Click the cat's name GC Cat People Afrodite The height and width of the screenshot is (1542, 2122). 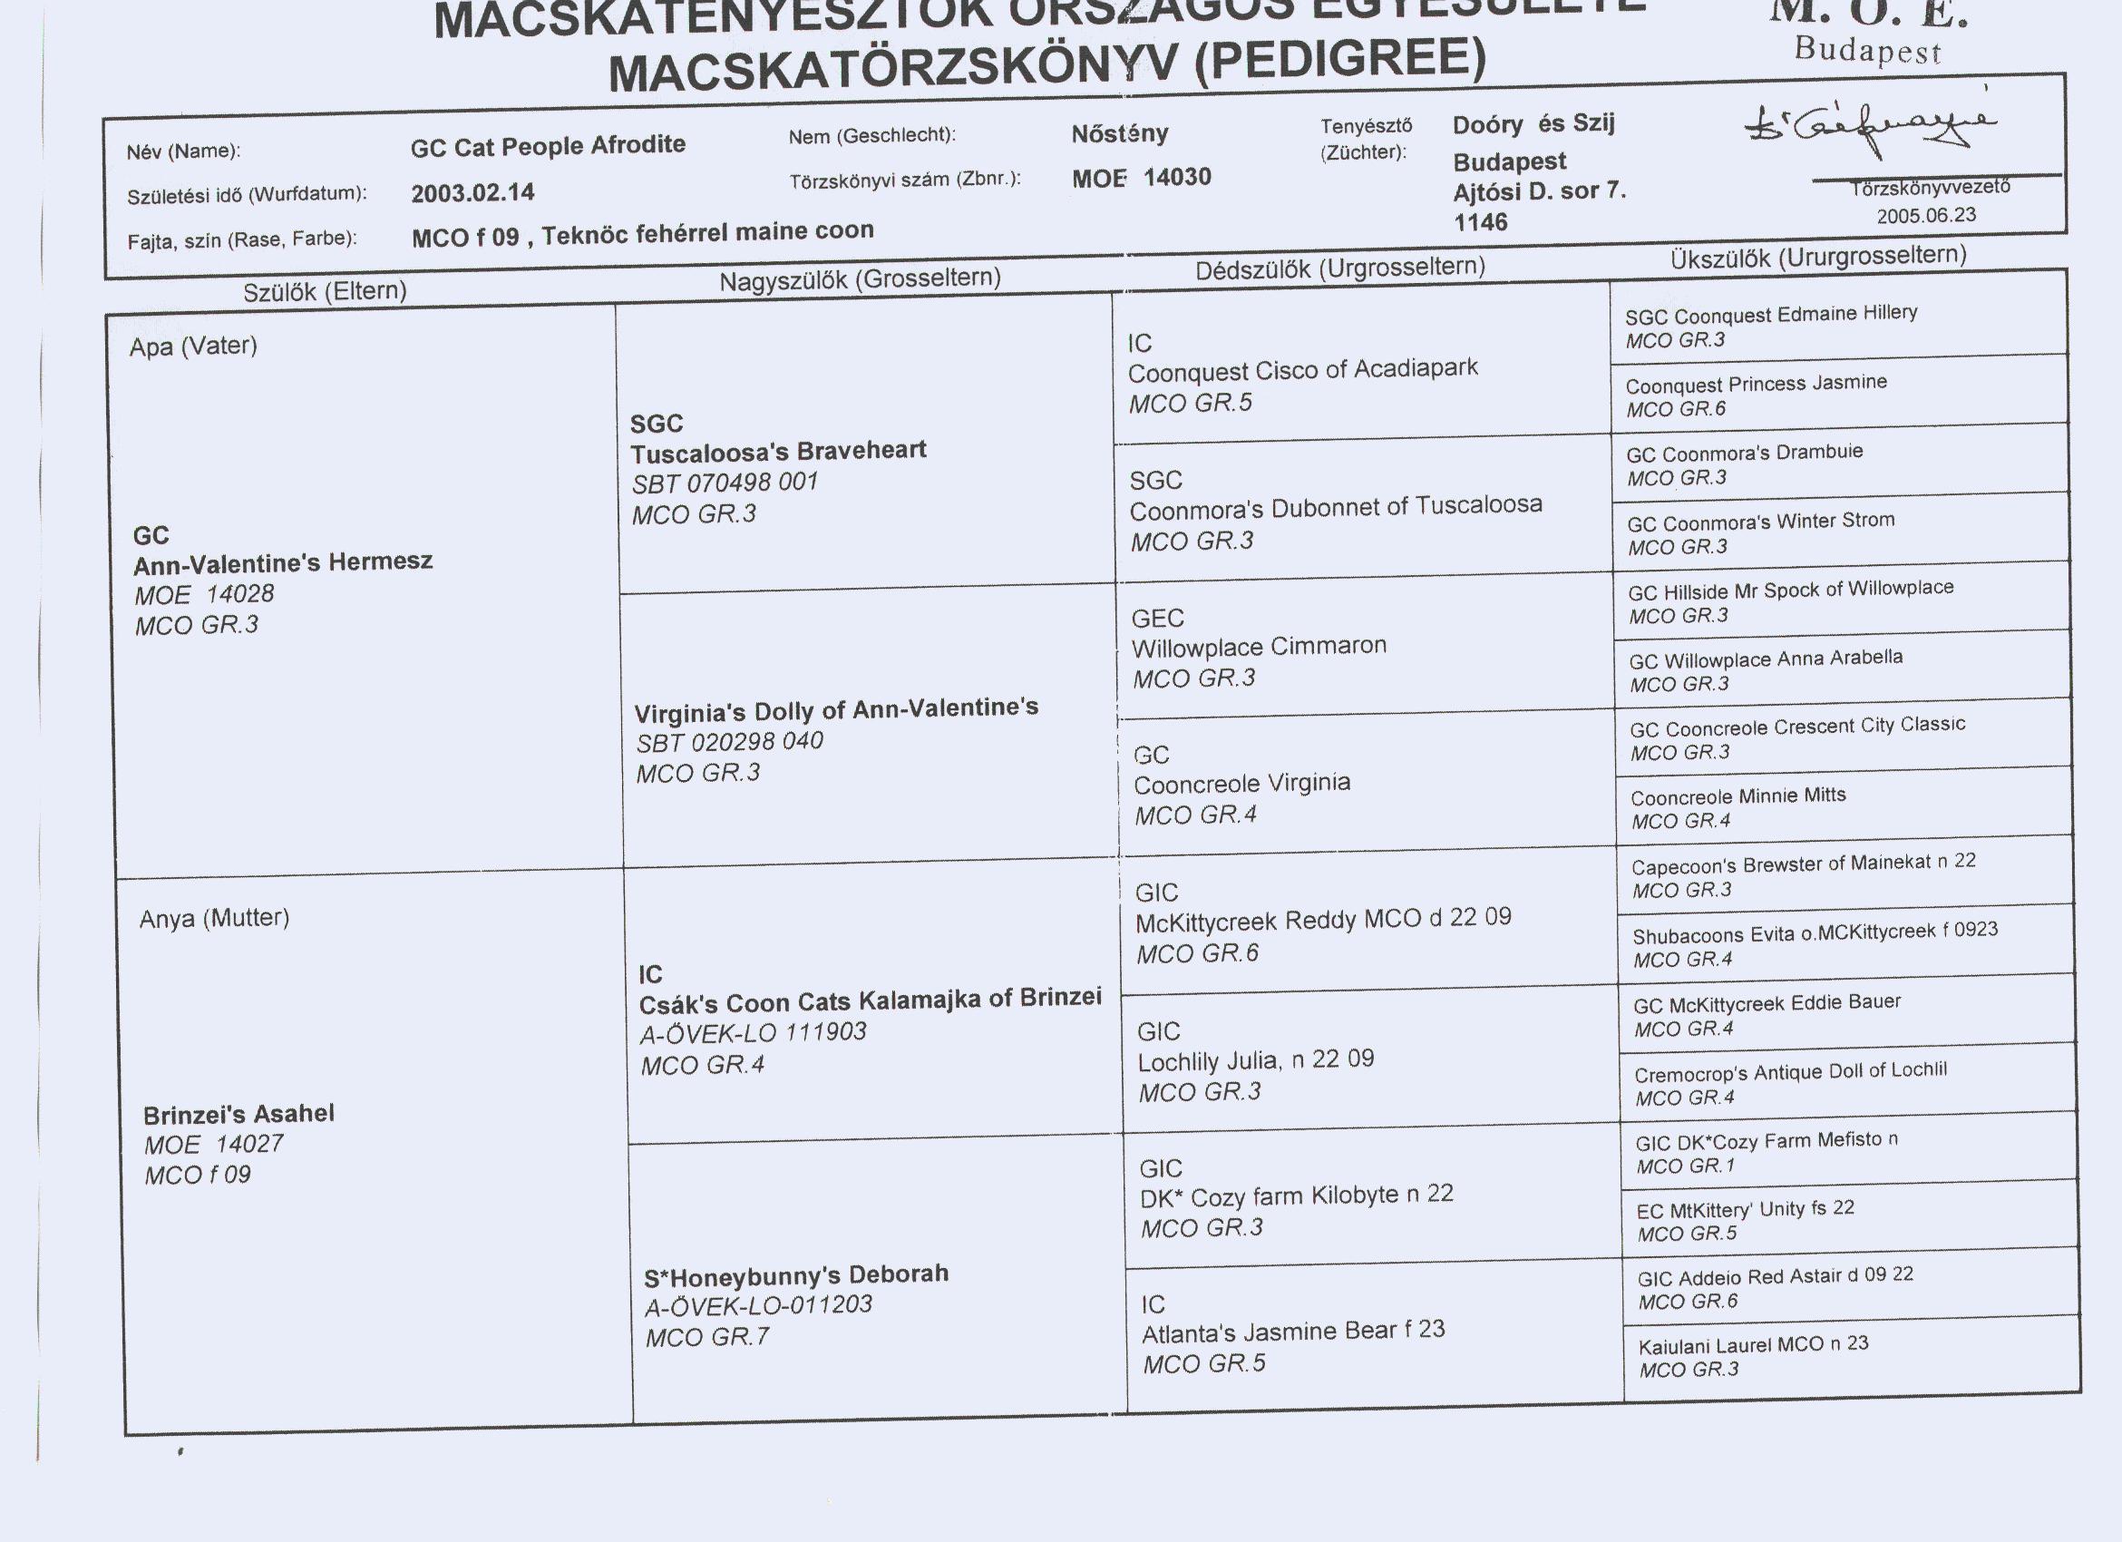tap(548, 147)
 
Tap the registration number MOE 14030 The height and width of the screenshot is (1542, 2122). tap(1142, 178)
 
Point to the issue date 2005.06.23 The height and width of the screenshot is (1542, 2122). tap(1926, 215)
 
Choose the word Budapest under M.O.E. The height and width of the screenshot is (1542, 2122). tap(1867, 50)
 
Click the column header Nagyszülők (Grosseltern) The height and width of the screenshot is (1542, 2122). tap(860, 278)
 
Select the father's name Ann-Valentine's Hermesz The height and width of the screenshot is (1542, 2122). tap(283, 562)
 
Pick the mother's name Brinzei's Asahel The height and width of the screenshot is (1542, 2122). tap(238, 1115)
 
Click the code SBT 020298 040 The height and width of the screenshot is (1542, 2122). tap(729, 742)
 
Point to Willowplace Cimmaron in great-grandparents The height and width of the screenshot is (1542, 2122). tap(1259, 647)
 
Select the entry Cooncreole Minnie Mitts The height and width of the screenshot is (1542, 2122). tap(1738, 796)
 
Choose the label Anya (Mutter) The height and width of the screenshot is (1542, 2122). tap(214, 919)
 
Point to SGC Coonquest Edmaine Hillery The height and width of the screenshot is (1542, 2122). tap(1770, 315)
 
